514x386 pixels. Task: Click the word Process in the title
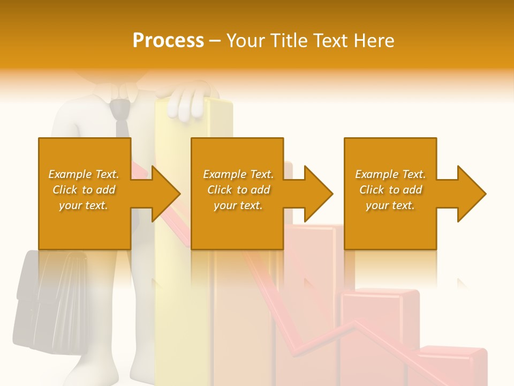(x=168, y=41)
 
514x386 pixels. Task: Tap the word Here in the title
(x=374, y=41)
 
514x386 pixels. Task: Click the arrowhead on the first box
(x=165, y=194)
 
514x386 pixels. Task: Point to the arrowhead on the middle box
(x=318, y=194)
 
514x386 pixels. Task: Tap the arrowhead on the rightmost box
(x=471, y=194)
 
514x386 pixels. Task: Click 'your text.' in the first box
(x=84, y=205)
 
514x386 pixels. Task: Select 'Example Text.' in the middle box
(x=238, y=174)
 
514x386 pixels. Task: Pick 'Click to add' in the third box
(x=391, y=190)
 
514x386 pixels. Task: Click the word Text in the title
(x=331, y=41)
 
